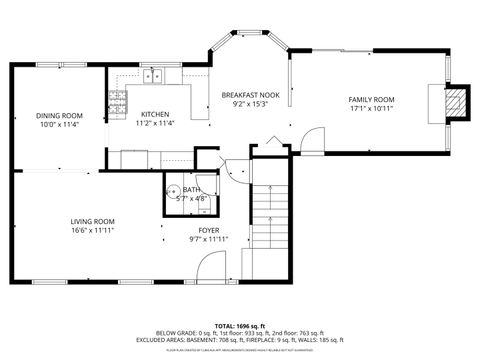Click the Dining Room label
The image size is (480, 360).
60,116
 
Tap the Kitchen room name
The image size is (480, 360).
154,114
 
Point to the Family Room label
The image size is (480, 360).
371,100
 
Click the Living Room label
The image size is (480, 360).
92,221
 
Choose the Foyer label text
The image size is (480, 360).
209,230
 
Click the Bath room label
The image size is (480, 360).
191,189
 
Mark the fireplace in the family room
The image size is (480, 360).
455,102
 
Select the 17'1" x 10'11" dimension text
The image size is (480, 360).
371,109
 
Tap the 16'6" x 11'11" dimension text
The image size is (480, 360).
92,230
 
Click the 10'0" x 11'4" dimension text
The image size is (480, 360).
60,125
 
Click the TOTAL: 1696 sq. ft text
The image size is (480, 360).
239,326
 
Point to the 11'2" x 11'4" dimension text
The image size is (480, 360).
154,123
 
